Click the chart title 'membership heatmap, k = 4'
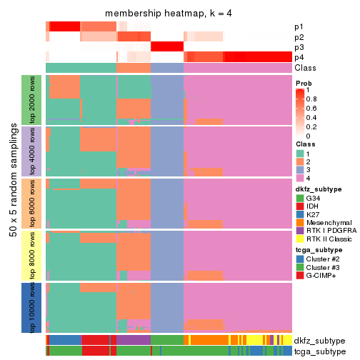coord(169,14)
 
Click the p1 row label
coord(299,27)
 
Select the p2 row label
coord(299,37)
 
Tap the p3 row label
coord(299,47)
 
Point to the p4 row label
coord(299,57)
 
